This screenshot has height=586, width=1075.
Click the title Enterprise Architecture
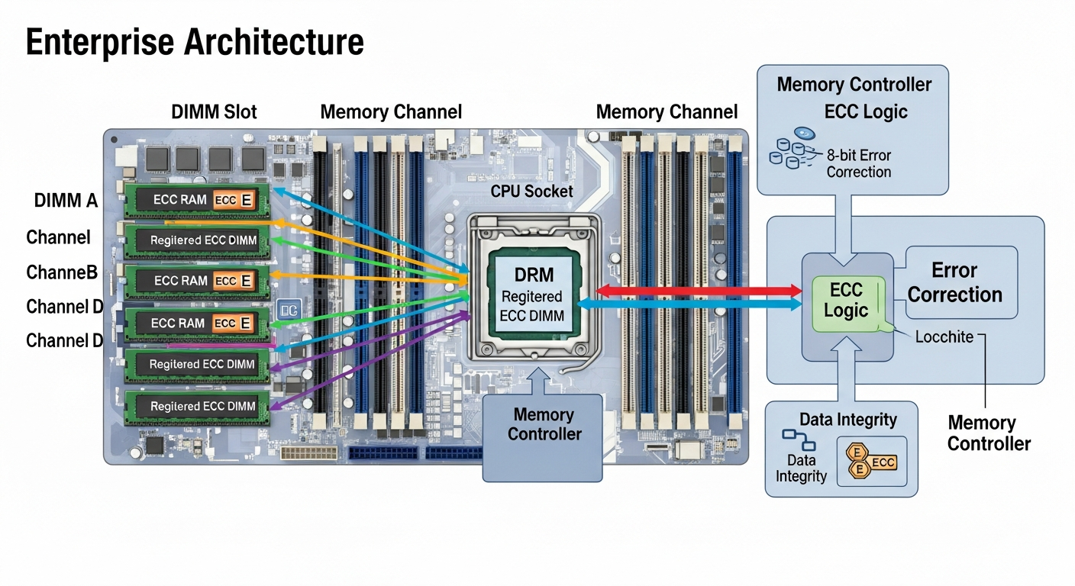pos(195,43)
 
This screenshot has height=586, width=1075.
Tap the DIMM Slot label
pos(214,112)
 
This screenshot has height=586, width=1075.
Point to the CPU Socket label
pos(531,191)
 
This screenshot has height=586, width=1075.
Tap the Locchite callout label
pos(944,336)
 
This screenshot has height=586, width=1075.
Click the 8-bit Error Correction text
pos(858,163)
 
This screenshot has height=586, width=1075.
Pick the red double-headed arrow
pos(699,290)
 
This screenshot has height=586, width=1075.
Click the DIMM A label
pos(66,201)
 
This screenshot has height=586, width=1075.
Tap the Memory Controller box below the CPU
pos(543,424)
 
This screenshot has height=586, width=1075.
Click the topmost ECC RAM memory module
pos(197,200)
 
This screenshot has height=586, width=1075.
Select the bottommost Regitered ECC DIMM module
pos(197,406)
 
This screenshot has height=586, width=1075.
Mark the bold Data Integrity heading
pos(847,419)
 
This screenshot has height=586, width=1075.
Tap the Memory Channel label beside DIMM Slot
pos(391,112)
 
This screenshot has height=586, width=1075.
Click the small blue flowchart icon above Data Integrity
pos(798,439)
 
